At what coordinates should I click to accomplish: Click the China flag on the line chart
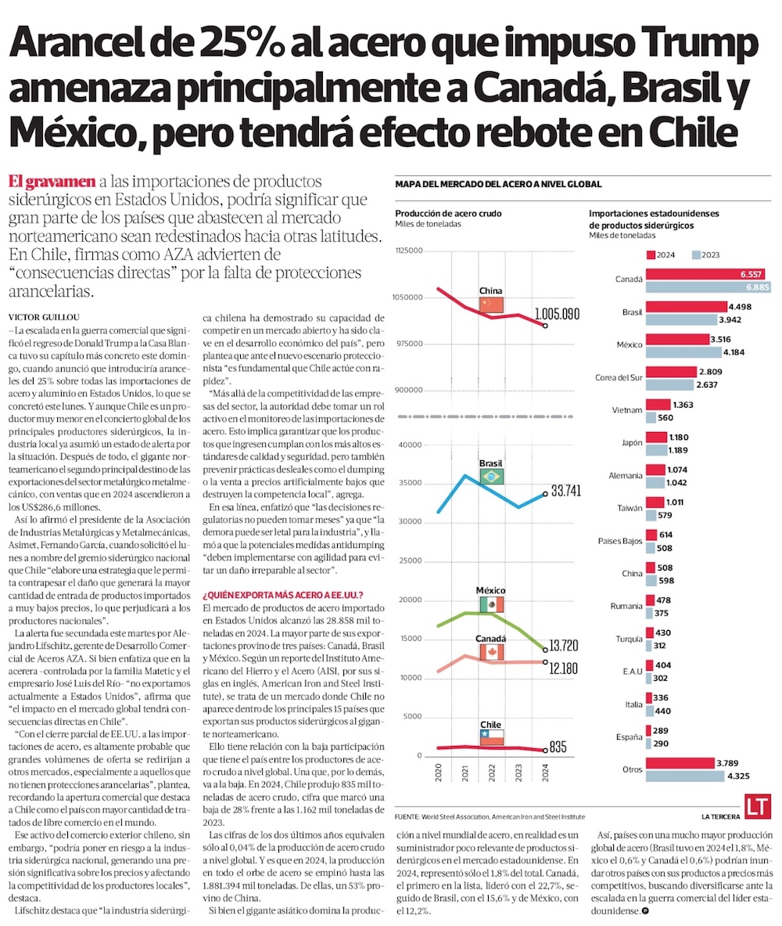(x=492, y=304)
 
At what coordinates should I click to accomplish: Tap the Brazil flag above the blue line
(x=492, y=476)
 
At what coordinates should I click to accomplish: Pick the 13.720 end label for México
(x=568, y=647)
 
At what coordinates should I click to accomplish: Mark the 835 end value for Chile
(x=558, y=747)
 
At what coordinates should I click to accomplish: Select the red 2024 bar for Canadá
(x=708, y=274)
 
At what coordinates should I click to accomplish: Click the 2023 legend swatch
(x=696, y=255)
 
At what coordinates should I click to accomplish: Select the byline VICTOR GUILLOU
(x=39, y=316)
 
